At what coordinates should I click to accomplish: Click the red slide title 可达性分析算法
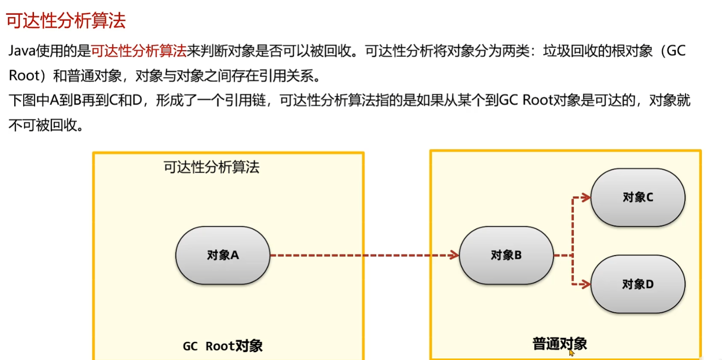tap(66, 21)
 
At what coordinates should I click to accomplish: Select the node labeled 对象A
tap(223, 255)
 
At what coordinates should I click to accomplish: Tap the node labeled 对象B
tap(506, 255)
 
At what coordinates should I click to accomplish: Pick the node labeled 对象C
tap(638, 197)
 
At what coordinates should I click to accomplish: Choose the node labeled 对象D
tap(638, 285)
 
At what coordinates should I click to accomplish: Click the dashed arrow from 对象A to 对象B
tap(362, 255)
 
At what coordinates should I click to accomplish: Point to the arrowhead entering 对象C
tap(585, 198)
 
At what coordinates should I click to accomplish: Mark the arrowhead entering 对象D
tap(585, 285)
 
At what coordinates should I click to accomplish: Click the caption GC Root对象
tap(223, 346)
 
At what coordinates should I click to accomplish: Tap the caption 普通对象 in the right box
tap(559, 343)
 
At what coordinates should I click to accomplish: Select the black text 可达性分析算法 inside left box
tap(211, 168)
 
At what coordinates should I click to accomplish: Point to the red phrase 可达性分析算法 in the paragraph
tap(139, 51)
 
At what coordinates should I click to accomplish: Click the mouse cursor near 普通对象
tap(571, 352)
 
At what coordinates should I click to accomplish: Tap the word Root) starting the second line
tap(30, 76)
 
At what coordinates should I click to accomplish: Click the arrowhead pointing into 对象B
tap(454, 255)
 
